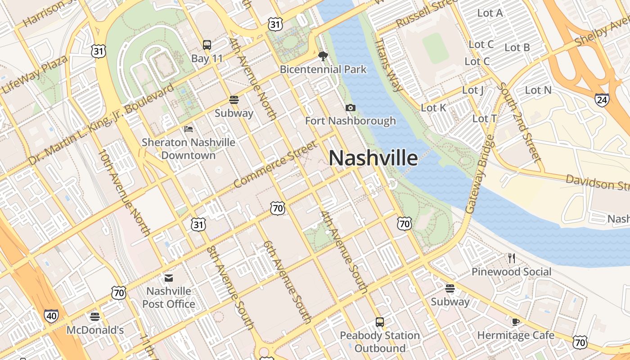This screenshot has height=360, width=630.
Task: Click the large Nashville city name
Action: (x=373, y=158)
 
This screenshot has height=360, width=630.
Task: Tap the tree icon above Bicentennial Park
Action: (x=323, y=56)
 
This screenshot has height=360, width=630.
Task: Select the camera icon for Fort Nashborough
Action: (x=351, y=108)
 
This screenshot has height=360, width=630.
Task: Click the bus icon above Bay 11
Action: (x=207, y=45)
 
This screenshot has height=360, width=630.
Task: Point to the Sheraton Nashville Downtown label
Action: (x=189, y=148)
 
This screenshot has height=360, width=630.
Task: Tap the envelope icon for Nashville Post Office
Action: (x=169, y=278)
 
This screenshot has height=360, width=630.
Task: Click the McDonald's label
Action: (x=95, y=330)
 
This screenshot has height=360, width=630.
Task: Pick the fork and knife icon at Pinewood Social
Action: (x=511, y=258)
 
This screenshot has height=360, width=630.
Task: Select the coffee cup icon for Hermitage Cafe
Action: (x=516, y=322)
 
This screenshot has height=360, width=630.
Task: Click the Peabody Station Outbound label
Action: (x=380, y=342)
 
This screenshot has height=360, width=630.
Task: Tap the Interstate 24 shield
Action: (x=602, y=99)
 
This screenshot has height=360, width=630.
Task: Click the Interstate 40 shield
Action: (x=51, y=316)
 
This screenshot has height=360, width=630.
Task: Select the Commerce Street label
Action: (x=275, y=164)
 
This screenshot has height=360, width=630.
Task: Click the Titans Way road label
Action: (x=388, y=64)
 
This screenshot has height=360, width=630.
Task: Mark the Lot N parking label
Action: (x=538, y=90)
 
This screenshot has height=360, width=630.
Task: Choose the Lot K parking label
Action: (x=433, y=108)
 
